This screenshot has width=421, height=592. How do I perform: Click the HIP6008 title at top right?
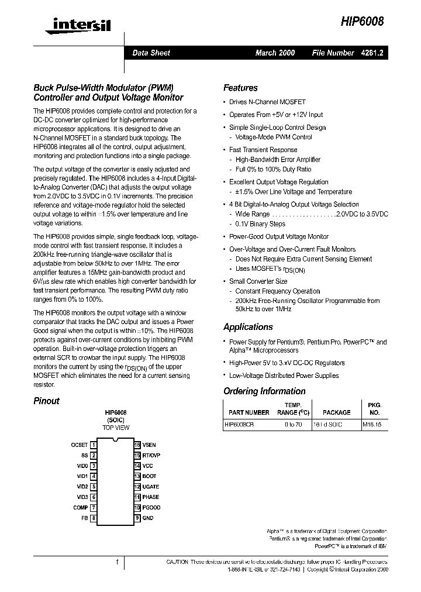362,21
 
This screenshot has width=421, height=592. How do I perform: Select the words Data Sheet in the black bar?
151,53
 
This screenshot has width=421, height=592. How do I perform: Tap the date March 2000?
275,53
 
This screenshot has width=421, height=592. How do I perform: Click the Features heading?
240,88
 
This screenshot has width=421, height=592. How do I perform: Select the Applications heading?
248,327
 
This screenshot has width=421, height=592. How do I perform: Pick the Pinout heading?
46,401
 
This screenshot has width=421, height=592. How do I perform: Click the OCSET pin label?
79,445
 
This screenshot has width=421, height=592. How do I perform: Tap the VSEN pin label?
149,445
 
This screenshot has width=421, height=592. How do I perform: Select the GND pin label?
148,518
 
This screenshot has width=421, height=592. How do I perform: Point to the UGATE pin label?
151,487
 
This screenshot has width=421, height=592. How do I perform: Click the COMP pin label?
80,508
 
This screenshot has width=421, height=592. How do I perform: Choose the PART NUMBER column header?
249,412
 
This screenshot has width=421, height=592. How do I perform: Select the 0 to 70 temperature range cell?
293,425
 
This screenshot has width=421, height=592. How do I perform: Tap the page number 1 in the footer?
117,562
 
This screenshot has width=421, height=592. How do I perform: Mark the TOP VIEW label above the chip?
116,428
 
